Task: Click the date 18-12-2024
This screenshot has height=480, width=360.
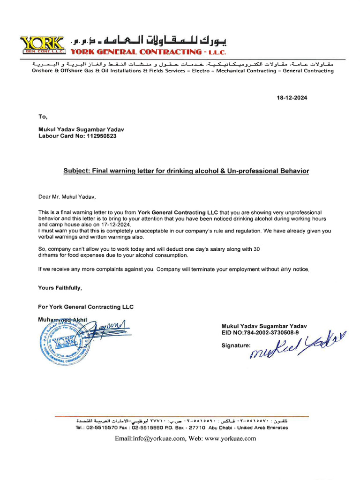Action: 292,98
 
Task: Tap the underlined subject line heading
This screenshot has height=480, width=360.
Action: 186,171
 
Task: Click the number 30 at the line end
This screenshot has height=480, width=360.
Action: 256,249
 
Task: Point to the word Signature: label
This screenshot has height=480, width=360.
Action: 236,345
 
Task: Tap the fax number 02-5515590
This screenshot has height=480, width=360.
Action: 148,427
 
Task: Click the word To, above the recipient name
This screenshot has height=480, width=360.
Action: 43,117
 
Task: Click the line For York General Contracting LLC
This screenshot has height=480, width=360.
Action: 86,307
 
